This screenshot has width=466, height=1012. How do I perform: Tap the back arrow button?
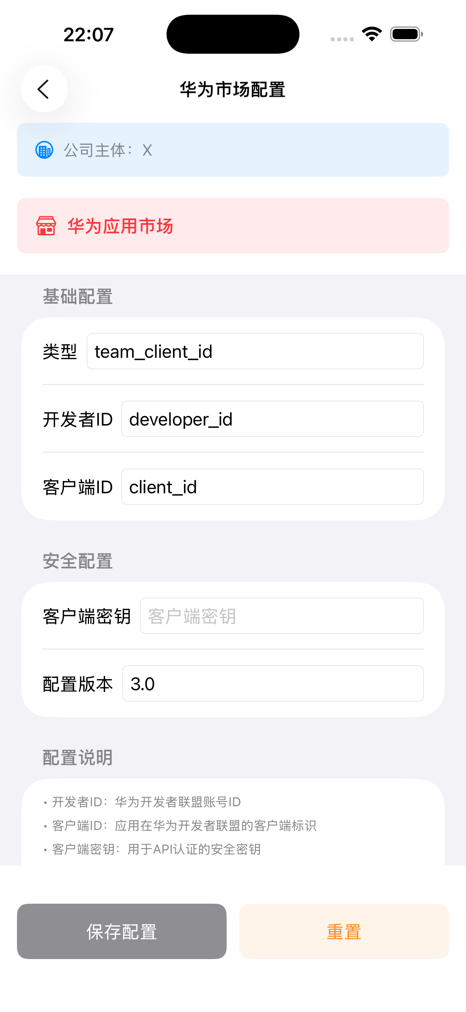[44, 89]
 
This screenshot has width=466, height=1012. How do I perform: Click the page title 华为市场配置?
[233, 90]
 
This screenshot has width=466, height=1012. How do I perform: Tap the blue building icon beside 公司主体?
[44, 150]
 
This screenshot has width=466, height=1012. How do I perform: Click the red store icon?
[46, 226]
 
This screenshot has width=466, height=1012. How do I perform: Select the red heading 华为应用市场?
[120, 226]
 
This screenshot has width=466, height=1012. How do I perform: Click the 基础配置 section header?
[78, 296]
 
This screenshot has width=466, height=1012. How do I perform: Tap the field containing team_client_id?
[255, 351]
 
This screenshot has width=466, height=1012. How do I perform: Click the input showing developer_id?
[272, 419]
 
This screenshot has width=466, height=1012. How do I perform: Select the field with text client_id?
[272, 487]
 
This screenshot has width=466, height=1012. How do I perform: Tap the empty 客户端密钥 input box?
[281, 616]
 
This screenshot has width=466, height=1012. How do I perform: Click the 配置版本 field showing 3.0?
[273, 683]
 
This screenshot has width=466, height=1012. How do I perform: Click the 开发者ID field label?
[78, 419]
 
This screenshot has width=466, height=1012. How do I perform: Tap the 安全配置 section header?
[78, 561]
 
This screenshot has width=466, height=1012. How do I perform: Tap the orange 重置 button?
[344, 932]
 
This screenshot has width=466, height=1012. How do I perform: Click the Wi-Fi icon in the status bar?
[372, 34]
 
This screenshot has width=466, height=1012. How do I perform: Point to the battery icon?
[406, 34]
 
